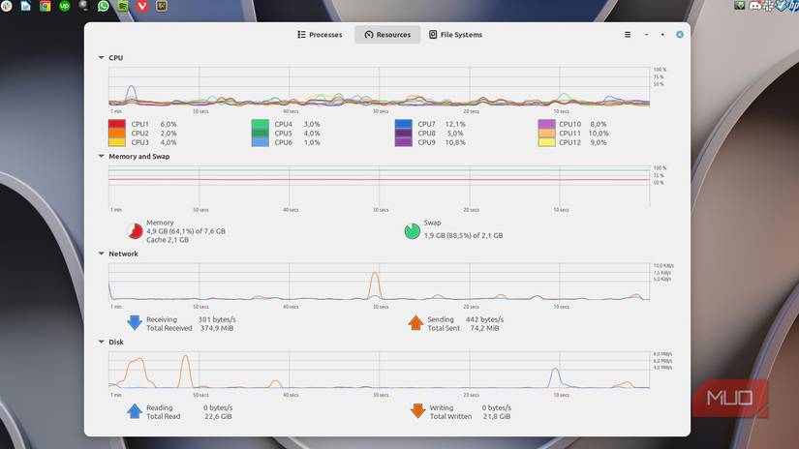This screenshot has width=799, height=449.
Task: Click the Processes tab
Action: pyautogui.click(x=320, y=35)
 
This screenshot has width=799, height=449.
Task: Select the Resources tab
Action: pyautogui.click(x=387, y=35)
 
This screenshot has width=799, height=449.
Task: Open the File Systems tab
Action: pyautogui.click(x=455, y=35)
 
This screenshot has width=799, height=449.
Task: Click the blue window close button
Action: pyautogui.click(x=680, y=35)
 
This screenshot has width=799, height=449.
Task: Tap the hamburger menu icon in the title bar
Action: pyautogui.click(x=628, y=35)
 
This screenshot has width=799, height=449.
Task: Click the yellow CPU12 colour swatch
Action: pyautogui.click(x=547, y=142)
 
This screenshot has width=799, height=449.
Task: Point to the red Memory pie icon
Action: pyautogui.click(x=135, y=231)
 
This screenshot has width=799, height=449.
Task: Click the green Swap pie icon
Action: pyautogui.click(x=413, y=231)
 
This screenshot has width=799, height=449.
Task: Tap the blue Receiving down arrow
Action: pyautogui.click(x=135, y=323)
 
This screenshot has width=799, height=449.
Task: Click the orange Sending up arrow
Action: pyautogui.click(x=416, y=323)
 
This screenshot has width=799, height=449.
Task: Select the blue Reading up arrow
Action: pyautogui.click(x=135, y=411)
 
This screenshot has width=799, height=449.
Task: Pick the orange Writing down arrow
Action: pyautogui.click(x=417, y=411)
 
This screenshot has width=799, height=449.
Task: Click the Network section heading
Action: pyautogui.click(x=123, y=254)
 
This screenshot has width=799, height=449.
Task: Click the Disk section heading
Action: pyautogui.click(x=116, y=342)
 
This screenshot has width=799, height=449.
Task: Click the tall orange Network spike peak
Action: pyautogui.click(x=375, y=274)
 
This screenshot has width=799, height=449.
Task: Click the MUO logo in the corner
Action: pyautogui.click(x=735, y=399)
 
